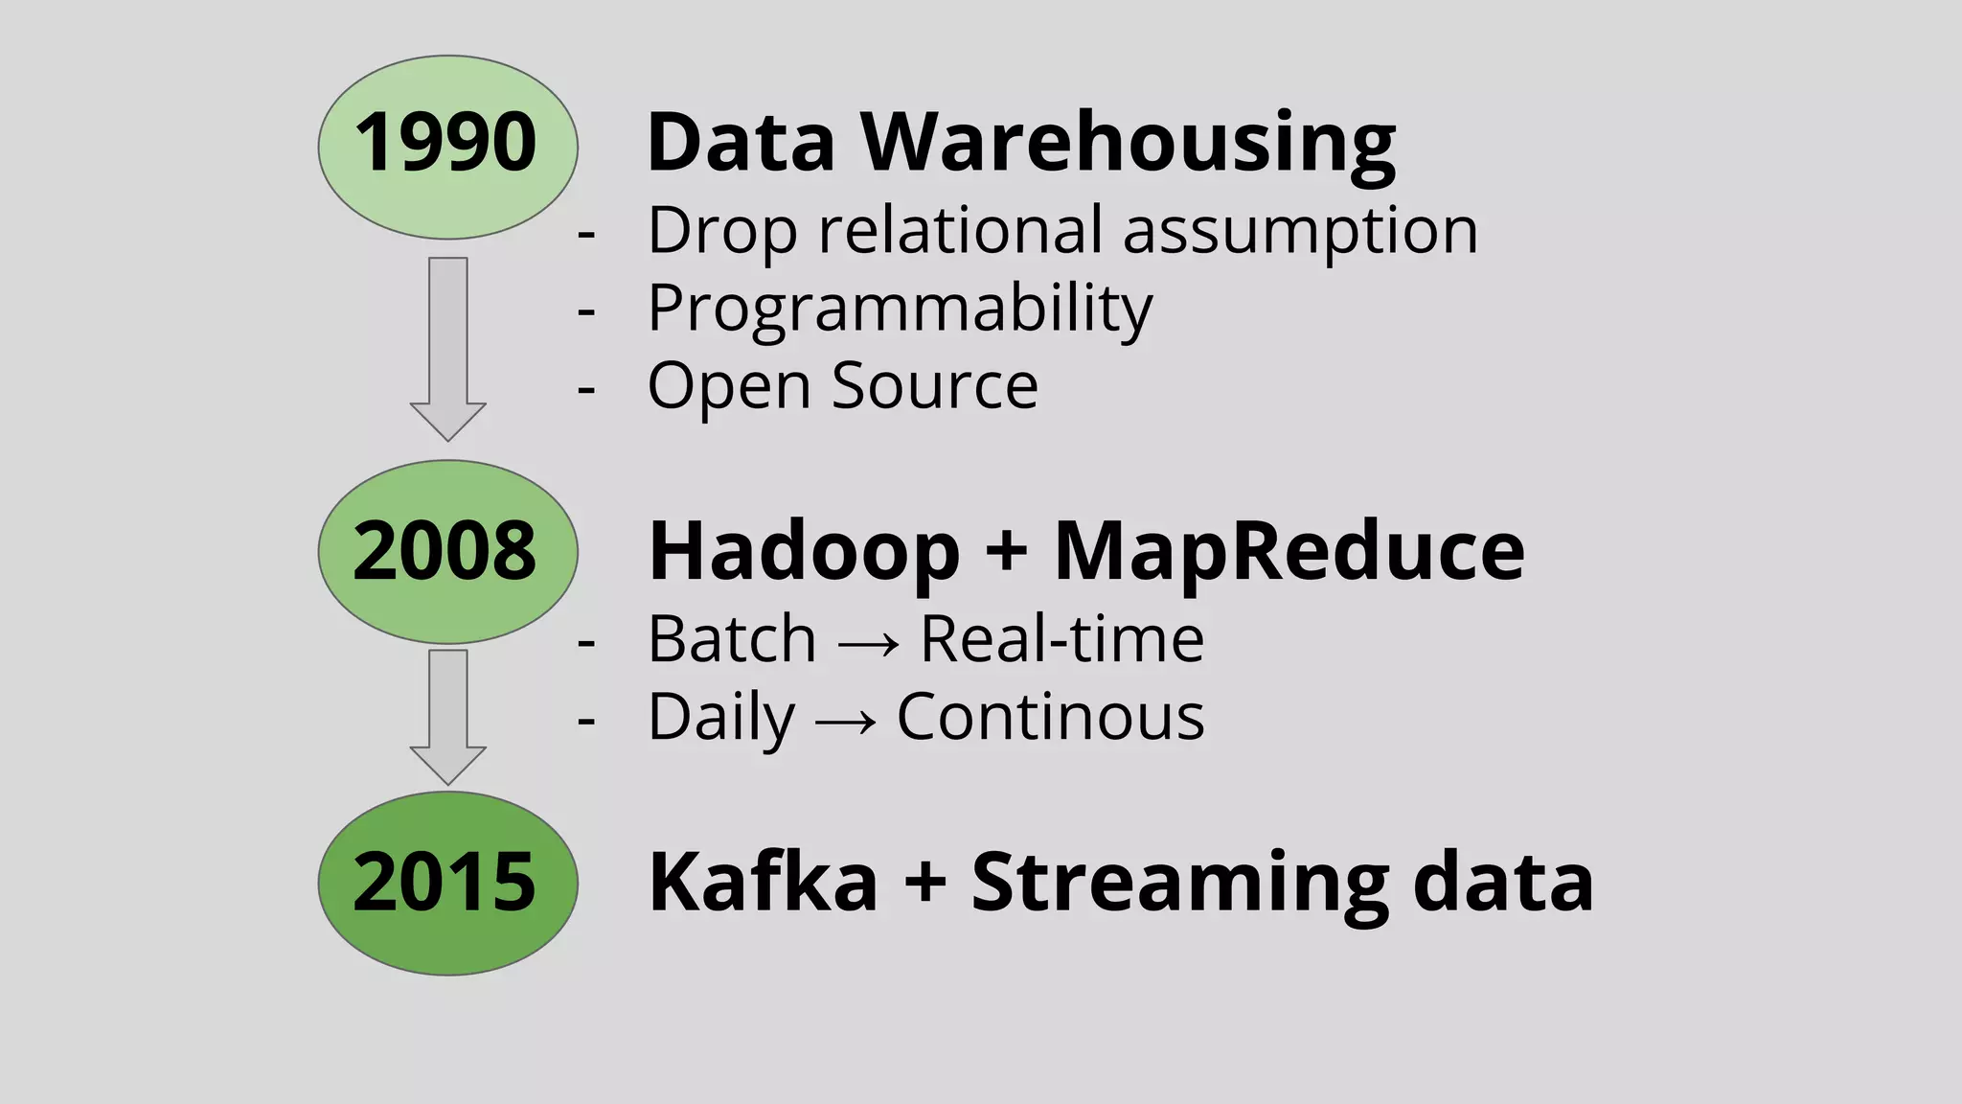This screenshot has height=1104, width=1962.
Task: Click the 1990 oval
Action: [x=447, y=146]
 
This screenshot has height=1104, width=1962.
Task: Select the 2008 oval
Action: [x=447, y=551]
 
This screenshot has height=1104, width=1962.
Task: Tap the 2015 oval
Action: [x=447, y=883]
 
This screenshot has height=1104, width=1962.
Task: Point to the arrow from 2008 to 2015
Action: [x=447, y=715]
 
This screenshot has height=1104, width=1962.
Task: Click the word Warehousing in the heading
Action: [x=1128, y=144]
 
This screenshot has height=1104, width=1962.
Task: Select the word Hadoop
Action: [x=803, y=553]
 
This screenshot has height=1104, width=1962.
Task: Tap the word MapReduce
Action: [x=1289, y=553]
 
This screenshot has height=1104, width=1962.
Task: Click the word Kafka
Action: [x=763, y=883]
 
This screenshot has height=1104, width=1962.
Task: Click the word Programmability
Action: [x=900, y=310]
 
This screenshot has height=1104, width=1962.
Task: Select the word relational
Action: [x=960, y=231]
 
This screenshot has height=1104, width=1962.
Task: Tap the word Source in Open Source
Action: [x=934, y=386]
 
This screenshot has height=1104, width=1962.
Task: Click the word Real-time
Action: [x=1061, y=639]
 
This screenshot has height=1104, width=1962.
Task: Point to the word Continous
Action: [x=1050, y=718]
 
